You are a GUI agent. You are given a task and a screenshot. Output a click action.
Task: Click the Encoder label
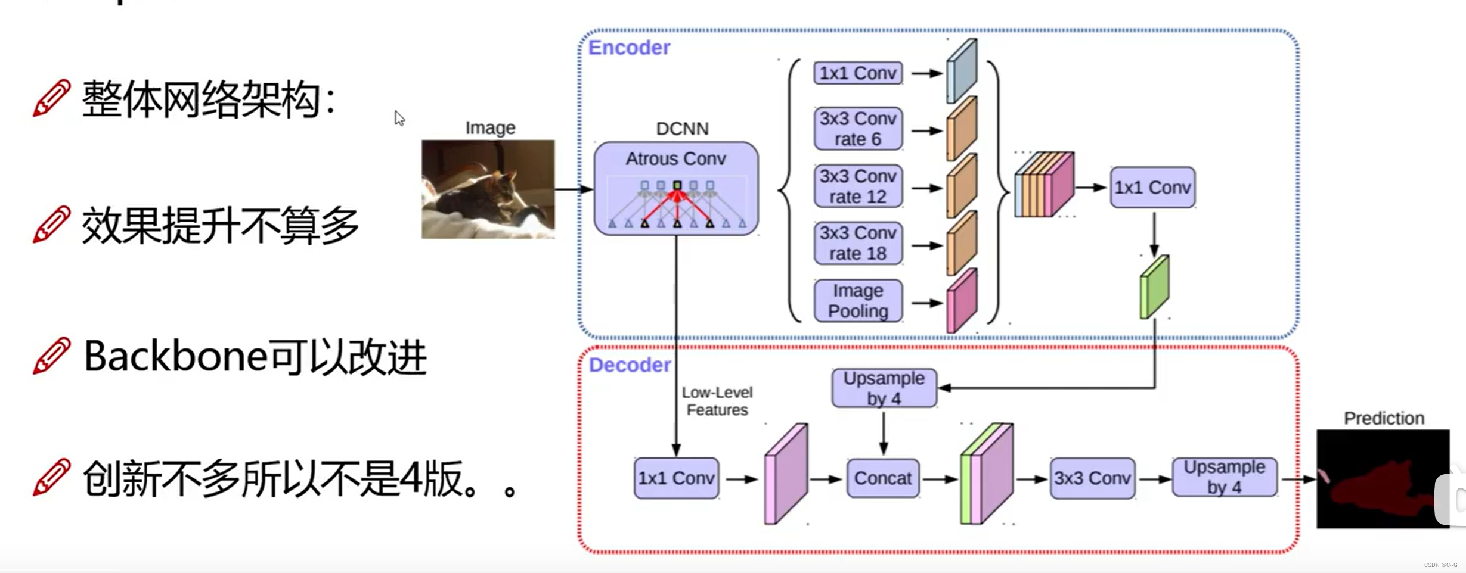[629, 48]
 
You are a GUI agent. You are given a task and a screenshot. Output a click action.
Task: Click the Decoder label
[630, 365]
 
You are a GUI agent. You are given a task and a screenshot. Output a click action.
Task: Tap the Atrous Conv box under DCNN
[676, 188]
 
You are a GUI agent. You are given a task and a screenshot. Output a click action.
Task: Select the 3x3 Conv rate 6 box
[858, 129]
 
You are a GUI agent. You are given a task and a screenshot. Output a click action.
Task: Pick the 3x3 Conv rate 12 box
[858, 186]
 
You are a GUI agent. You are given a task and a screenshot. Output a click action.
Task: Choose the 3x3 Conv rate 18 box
[858, 243]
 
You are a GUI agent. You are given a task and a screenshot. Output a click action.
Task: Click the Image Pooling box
[858, 301]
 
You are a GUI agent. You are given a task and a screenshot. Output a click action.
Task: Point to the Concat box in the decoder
[882, 478]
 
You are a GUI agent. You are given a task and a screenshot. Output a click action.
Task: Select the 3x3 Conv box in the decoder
[1092, 478]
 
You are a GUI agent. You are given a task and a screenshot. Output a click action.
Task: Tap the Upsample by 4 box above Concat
[884, 388]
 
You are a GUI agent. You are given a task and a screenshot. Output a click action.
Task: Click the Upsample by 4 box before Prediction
[1224, 477]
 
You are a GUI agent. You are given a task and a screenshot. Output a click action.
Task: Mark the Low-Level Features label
[717, 401]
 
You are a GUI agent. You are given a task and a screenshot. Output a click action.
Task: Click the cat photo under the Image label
[488, 189]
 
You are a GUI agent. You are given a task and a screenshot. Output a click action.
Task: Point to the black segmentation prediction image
[1383, 479]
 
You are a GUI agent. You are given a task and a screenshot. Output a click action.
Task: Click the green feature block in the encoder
[1154, 287]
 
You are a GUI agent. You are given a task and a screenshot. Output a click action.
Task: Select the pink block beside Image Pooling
[962, 301]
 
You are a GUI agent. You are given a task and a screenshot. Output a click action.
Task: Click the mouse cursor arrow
[399, 118]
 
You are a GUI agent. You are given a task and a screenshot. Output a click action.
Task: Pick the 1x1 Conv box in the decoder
[676, 478]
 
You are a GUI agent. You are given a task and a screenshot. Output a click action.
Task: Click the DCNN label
[682, 129]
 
